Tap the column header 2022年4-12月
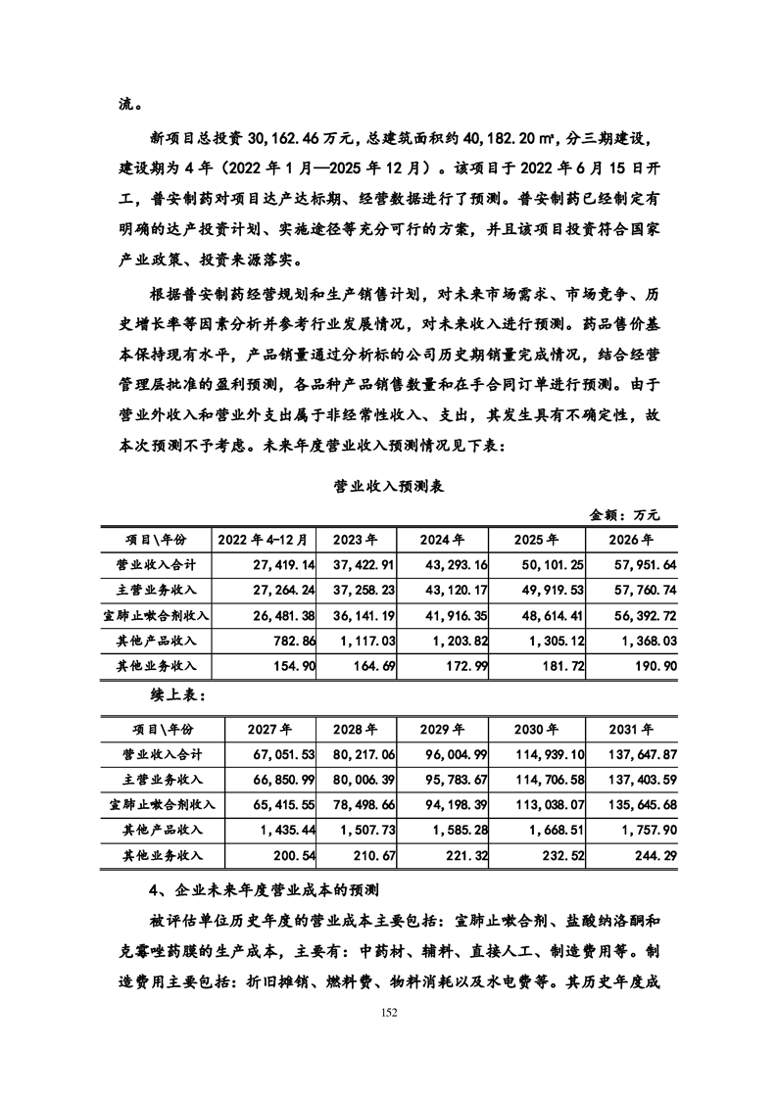pyautogui.click(x=264, y=540)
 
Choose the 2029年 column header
pyautogui.click(x=442, y=730)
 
